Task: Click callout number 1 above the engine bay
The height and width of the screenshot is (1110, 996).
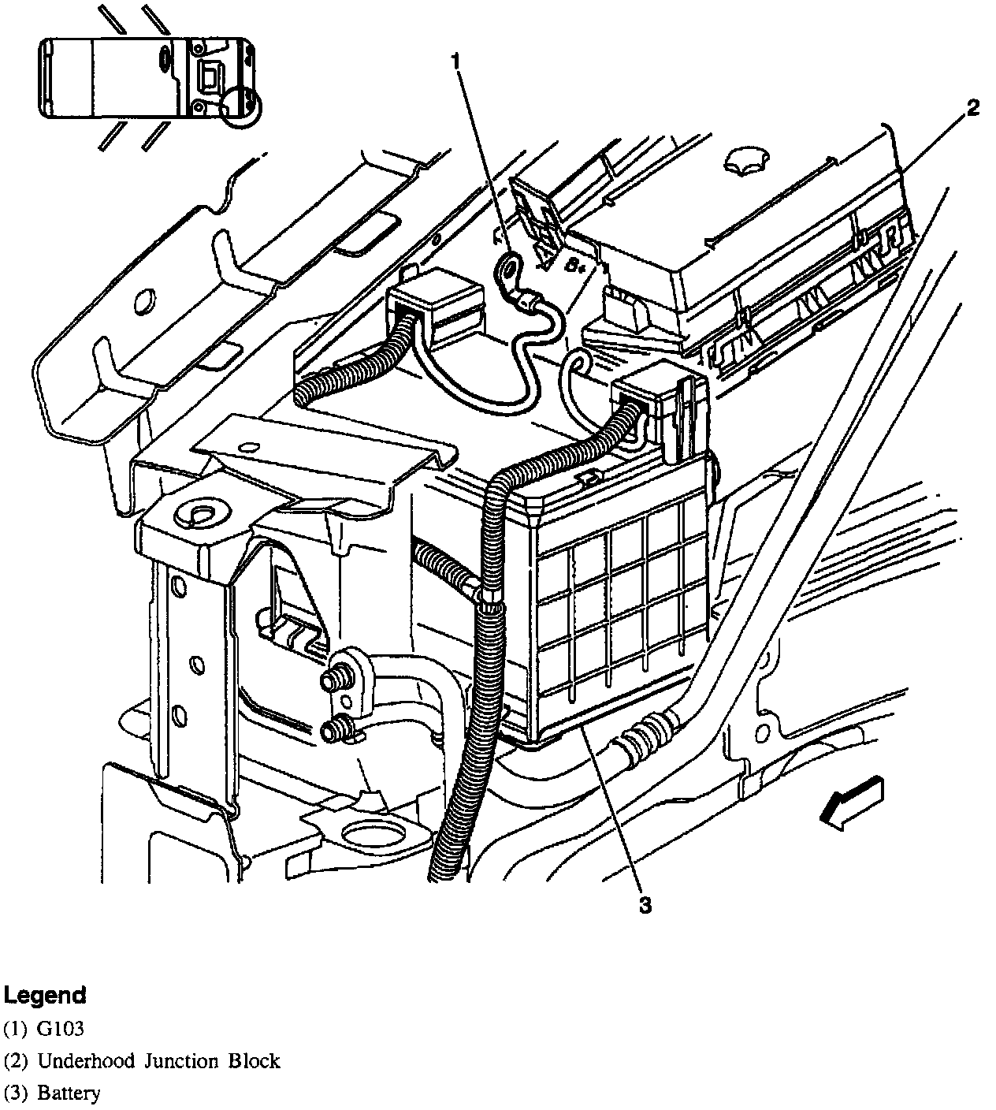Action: [x=457, y=61]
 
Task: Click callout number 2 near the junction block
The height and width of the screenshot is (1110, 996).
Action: [x=973, y=109]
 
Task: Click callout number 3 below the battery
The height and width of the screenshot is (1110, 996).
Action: [x=645, y=906]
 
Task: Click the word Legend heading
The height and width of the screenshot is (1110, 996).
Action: [x=45, y=996]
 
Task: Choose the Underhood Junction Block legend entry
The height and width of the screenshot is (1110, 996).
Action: [x=142, y=1061]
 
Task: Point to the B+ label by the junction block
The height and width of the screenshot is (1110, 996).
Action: [x=574, y=266]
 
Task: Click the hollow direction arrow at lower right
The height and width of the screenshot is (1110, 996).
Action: [x=851, y=802]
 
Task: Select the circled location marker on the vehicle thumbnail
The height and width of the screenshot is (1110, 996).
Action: [x=240, y=106]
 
